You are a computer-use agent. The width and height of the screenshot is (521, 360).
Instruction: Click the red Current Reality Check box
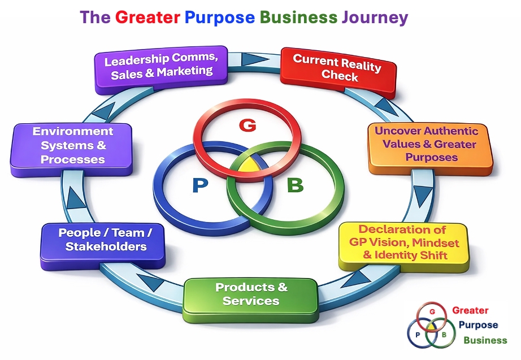point(337,68)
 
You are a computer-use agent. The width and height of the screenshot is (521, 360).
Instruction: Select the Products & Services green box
point(251,294)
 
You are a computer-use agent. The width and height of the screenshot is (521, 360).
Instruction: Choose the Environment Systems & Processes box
point(72,146)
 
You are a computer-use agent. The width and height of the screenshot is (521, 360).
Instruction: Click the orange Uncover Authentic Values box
point(427,145)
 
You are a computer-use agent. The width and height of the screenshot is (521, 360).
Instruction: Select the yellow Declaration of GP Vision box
point(402,243)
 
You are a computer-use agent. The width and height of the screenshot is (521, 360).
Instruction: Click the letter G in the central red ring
point(247,125)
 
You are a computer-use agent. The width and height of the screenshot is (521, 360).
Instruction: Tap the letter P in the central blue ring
point(199,186)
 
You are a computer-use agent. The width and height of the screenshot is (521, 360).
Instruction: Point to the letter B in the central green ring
point(295,185)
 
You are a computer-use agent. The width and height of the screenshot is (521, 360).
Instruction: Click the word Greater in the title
point(147,18)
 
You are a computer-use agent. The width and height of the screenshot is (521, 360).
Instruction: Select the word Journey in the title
point(375,18)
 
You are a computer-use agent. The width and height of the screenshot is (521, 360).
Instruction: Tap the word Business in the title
point(298,18)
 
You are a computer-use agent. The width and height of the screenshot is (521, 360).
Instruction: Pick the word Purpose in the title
point(219,18)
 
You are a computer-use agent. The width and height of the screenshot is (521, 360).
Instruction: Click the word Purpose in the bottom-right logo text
point(478,325)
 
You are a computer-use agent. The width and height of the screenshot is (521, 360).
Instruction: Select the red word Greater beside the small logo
point(470,310)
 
